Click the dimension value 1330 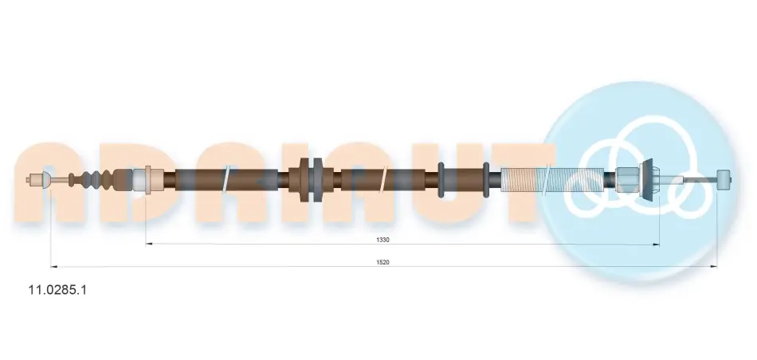coord(382,240)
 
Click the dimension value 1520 coord(382,262)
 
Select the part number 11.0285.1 coord(57,290)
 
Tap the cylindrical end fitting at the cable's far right coord(724,179)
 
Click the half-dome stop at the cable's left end coord(47,180)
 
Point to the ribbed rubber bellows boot coord(91,179)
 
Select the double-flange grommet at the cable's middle coord(312,180)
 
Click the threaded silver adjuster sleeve coord(559,179)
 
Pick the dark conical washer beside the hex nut coord(649,179)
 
